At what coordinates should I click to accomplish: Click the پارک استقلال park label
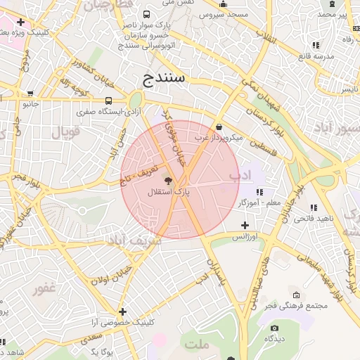pyautogui.click(x=169, y=191)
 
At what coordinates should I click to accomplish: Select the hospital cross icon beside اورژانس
pyautogui.click(x=245, y=226)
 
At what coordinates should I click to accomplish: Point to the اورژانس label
pyautogui.click(x=247, y=237)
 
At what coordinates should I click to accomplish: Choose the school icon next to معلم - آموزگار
pyautogui.click(x=259, y=191)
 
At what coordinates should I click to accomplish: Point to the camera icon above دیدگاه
pyautogui.click(x=274, y=328)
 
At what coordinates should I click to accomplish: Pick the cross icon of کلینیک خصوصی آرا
pyautogui.click(x=123, y=311)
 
